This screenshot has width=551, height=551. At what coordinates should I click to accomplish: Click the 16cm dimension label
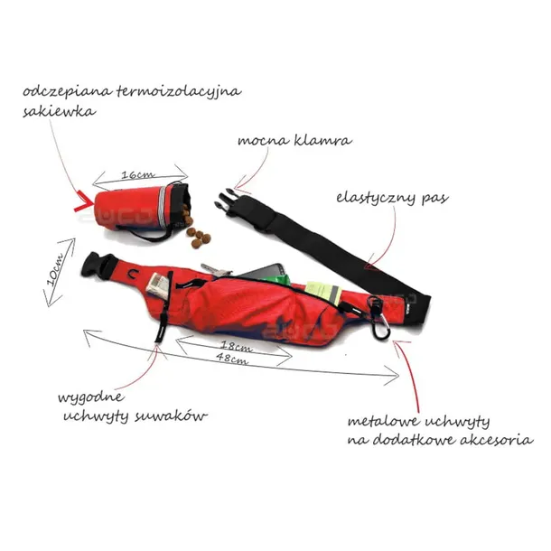point(137,174)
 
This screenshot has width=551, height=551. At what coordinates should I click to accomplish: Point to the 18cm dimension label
point(236,346)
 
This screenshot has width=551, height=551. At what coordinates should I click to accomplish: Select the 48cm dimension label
point(232,358)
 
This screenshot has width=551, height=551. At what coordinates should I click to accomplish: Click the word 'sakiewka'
point(59,111)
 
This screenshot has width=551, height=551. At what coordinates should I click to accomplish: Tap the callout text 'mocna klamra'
point(294,141)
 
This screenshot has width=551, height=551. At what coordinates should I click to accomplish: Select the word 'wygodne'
point(91,398)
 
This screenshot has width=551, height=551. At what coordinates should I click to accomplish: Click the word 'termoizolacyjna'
point(179,92)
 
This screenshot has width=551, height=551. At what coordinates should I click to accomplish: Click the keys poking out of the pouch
point(215,270)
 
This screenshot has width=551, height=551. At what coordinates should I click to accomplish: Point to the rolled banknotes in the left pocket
point(157,285)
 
